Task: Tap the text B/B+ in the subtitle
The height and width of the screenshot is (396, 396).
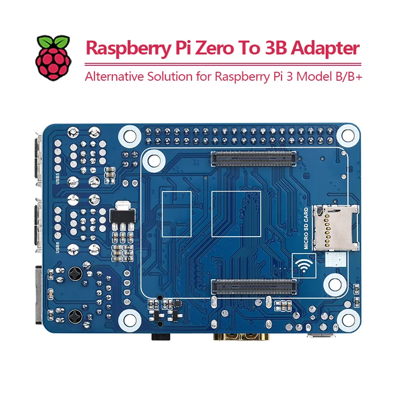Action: pyautogui.click(x=347, y=77)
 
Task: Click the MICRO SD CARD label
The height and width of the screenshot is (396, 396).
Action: pyautogui.click(x=306, y=228)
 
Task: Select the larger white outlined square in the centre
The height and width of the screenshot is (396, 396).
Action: pyautogui.click(x=236, y=213)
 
